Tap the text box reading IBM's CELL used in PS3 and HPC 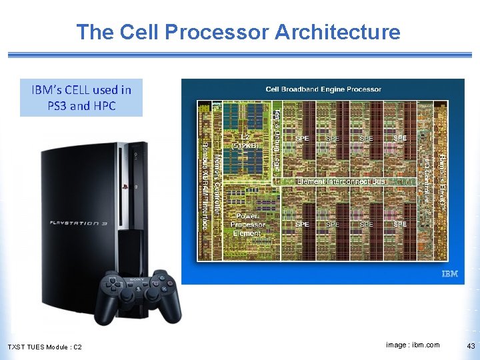81,97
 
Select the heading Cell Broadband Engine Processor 323,89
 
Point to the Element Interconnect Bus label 340,181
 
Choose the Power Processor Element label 247,224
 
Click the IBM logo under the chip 450,275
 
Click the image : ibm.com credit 413,345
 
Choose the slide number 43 471,345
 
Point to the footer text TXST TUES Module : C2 44,347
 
